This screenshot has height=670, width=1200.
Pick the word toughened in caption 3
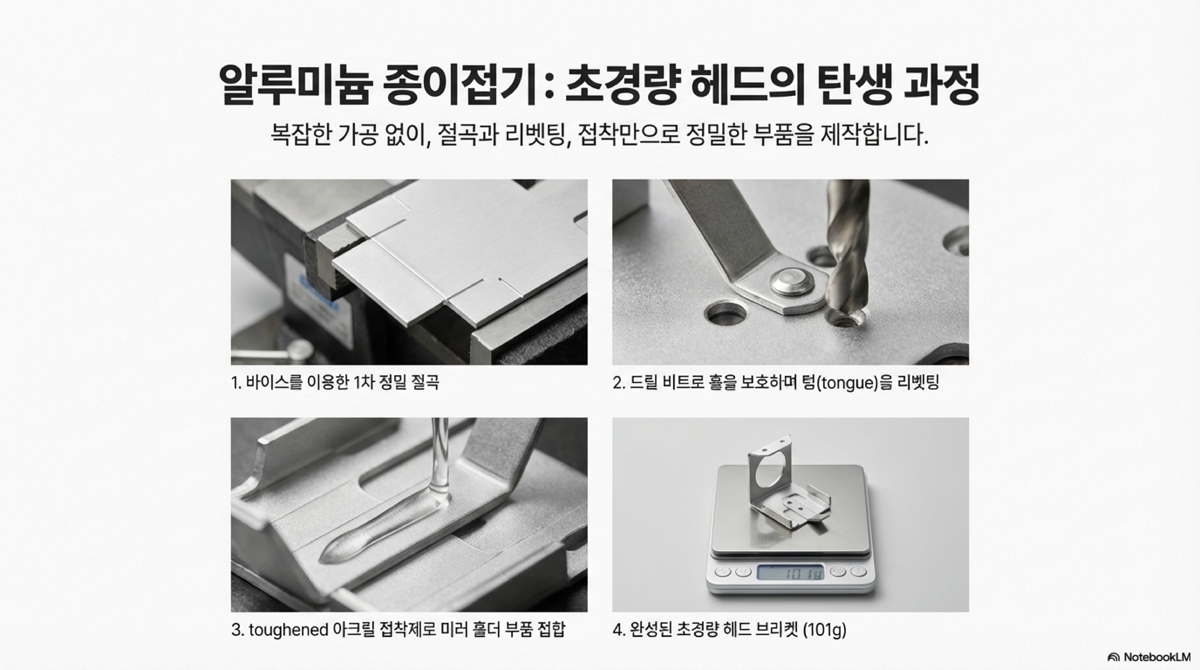(x=288, y=630)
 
